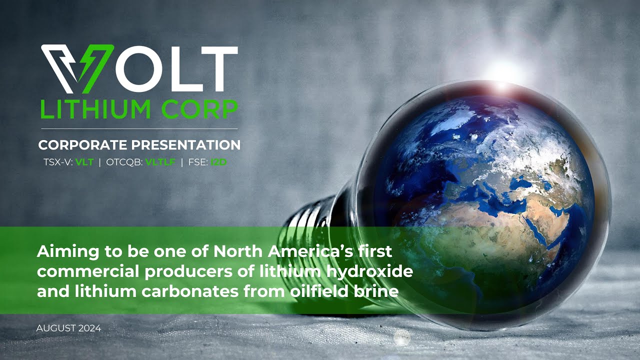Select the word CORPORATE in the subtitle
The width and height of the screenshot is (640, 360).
pyautogui.click(x=82, y=145)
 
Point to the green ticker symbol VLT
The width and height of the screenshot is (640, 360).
pyautogui.click(x=84, y=161)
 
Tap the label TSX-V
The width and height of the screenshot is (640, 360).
pyautogui.click(x=58, y=161)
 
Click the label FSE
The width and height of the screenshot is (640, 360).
pyautogui.click(x=197, y=161)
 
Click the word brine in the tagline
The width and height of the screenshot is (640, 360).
pyautogui.click(x=380, y=291)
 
